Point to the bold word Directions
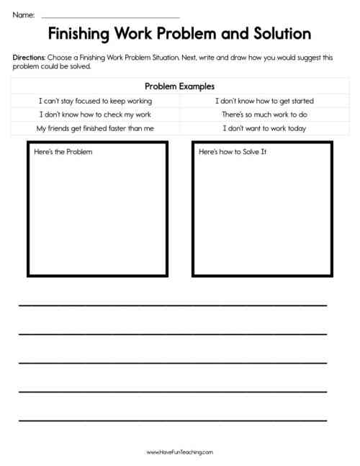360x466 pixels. [29, 56]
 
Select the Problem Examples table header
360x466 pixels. [180, 86]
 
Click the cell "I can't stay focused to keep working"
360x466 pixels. [95, 101]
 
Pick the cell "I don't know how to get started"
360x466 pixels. [264, 101]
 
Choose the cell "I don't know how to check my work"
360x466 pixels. [95, 115]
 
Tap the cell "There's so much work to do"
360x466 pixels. [264, 115]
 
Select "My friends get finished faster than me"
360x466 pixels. [95, 128]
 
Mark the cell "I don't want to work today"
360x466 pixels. [264, 128]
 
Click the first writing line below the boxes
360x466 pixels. [173, 305]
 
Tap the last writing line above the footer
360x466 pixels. [173, 419]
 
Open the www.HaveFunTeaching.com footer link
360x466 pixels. [180, 452]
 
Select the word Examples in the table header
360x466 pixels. [197, 86]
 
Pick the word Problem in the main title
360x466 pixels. [194, 34]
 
